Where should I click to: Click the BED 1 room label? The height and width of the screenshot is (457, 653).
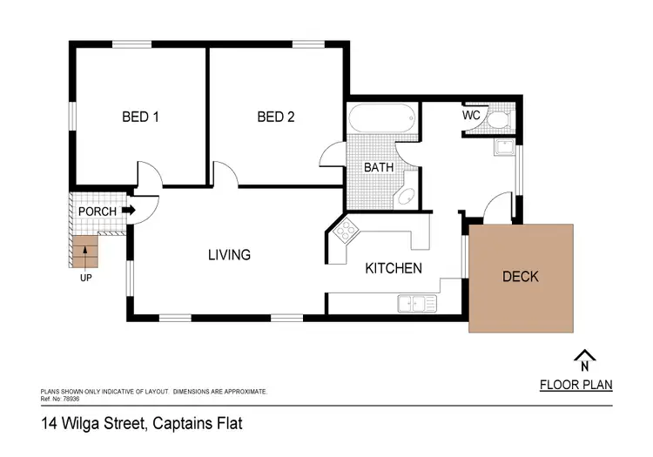(x=139, y=117)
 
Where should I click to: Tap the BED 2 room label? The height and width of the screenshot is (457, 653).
(x=275, y=117)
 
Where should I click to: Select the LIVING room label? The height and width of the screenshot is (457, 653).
(x=229, y=255)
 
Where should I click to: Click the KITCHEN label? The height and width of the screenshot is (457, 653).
(x=393, y=268)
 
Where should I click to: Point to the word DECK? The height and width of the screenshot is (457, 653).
(x=521, y=277)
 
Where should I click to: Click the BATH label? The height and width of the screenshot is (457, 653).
(x=379, y=166)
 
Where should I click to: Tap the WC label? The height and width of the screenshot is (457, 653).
(x=471, y=115)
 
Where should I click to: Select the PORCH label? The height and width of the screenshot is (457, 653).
(x=98, y=211)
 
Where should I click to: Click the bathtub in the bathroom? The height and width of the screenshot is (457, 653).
(x=382, y=119)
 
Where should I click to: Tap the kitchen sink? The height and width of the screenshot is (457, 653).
(x=417, y=304)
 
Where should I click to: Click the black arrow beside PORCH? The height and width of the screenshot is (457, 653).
(x=129, y=210)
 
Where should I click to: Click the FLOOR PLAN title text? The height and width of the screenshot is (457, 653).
(x=576, y=385)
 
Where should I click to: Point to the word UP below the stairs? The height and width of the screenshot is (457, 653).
(x=84, y=279)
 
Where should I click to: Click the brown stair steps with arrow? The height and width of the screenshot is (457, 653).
(x=84, y=252)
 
